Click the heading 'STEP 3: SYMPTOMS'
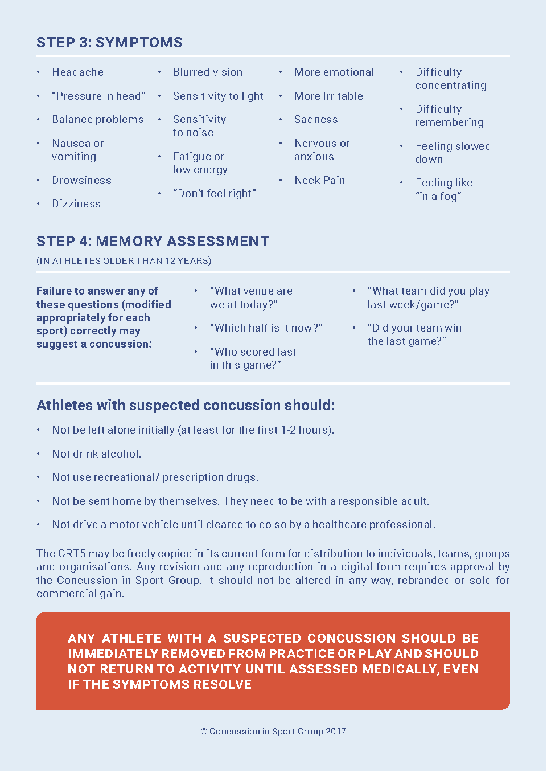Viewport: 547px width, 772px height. (109, 43)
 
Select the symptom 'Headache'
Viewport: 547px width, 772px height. (77, 72)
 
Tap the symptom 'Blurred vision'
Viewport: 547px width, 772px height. (208, 72)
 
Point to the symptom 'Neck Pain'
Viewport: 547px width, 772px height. (319, 181)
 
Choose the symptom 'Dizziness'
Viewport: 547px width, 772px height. (76, 204)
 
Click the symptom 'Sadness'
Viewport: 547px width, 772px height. (316, 120)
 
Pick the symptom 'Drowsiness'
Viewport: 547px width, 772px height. (81, 181)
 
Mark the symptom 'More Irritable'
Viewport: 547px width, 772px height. (328, 96)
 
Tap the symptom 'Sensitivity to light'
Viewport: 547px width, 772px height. (218, 96)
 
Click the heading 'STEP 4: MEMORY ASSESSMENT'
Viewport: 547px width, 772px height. (153, 242)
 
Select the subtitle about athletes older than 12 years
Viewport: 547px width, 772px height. (124, 261)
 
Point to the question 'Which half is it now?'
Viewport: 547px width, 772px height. (266, 328)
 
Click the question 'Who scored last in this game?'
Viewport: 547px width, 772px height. (253, 358)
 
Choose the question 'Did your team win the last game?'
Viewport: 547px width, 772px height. (414, 335)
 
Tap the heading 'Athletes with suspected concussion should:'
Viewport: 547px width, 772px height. (186, 406)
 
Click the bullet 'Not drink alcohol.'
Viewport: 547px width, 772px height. (97, 454)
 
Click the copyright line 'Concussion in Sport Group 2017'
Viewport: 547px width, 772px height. (273, 732)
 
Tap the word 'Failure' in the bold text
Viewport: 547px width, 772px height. (54, 291)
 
